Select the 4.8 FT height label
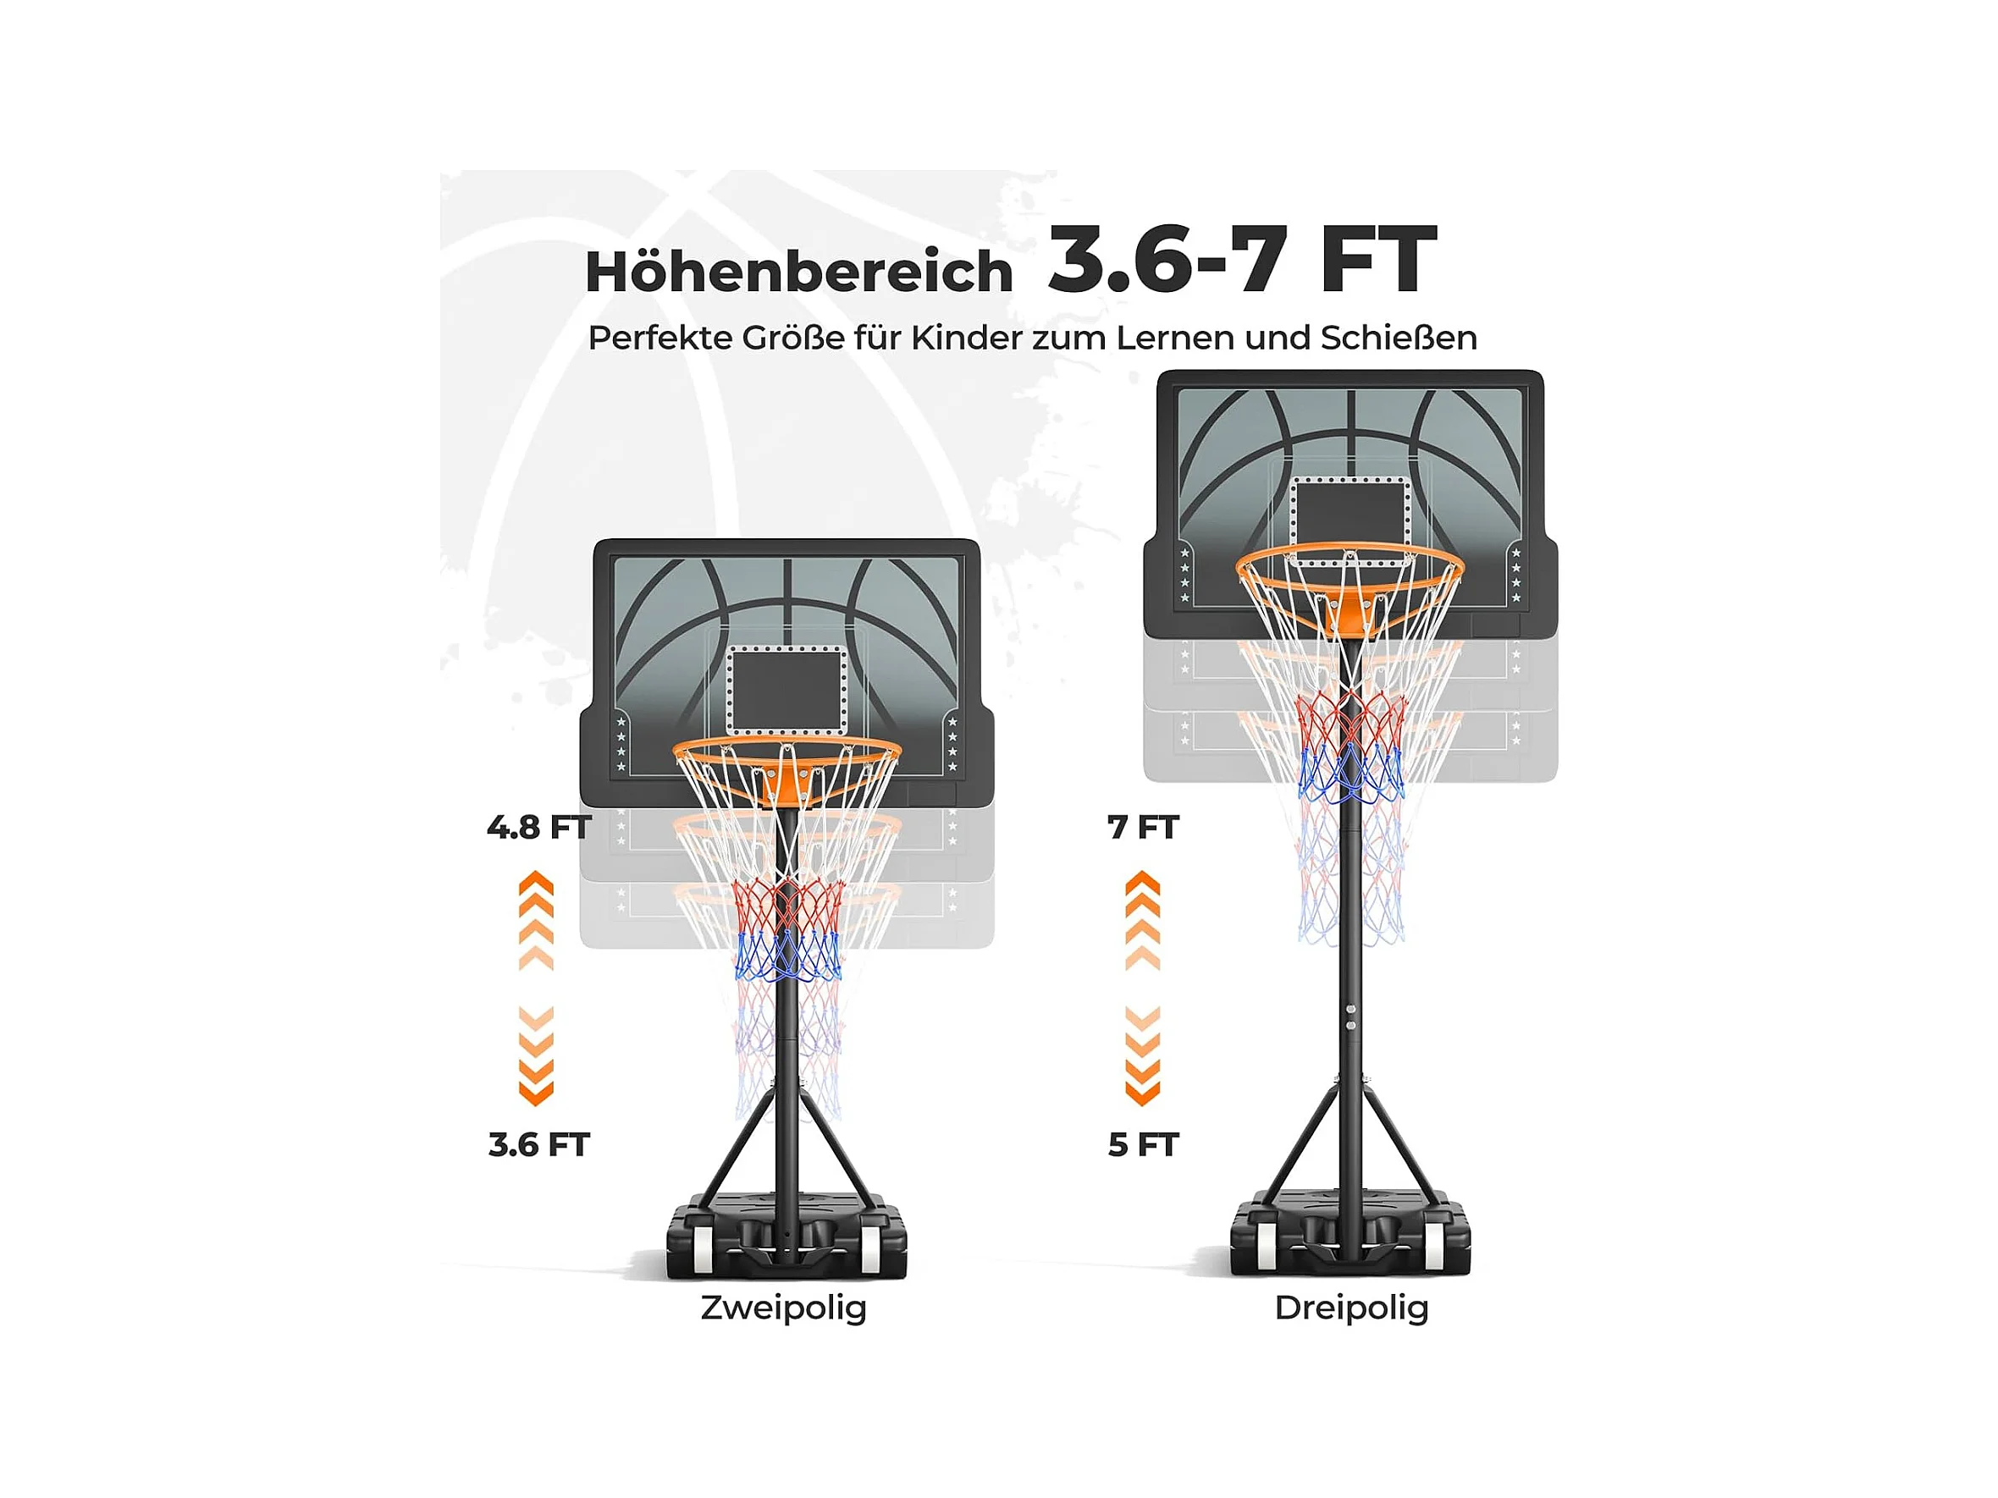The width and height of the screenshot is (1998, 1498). pyautogui.click(x=538, y=827)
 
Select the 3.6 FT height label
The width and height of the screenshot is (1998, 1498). pyautogui.click(x=538, y=1145)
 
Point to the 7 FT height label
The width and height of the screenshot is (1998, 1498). pyautogui.click(x=1143, y=827)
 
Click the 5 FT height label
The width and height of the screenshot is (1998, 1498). pyautogui.click(x=1143, y=1145)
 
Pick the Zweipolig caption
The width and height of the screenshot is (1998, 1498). pyautogui.click(x=783, y=1308)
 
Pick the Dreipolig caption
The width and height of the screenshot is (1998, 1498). pyautogui.click(x=1351, y=1308)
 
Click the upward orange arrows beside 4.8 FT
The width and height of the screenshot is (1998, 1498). pyautogui.click(x=537, y=920)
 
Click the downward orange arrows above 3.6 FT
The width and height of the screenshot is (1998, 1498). pyautogui.click(x=537, y=1055)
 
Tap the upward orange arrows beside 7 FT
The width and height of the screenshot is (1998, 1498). pyautogui.click(x=1143, y=920)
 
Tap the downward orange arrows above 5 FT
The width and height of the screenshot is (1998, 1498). pyautogui.click(x=1143, y=1055)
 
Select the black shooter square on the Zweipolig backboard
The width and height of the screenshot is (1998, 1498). pyautogui.click(x=787, y=690)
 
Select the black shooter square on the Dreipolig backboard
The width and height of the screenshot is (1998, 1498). pyautogui.click(x=1350, y=519)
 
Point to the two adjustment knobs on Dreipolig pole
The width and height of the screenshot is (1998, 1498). pyautogui.click(x=1350, y=1017)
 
